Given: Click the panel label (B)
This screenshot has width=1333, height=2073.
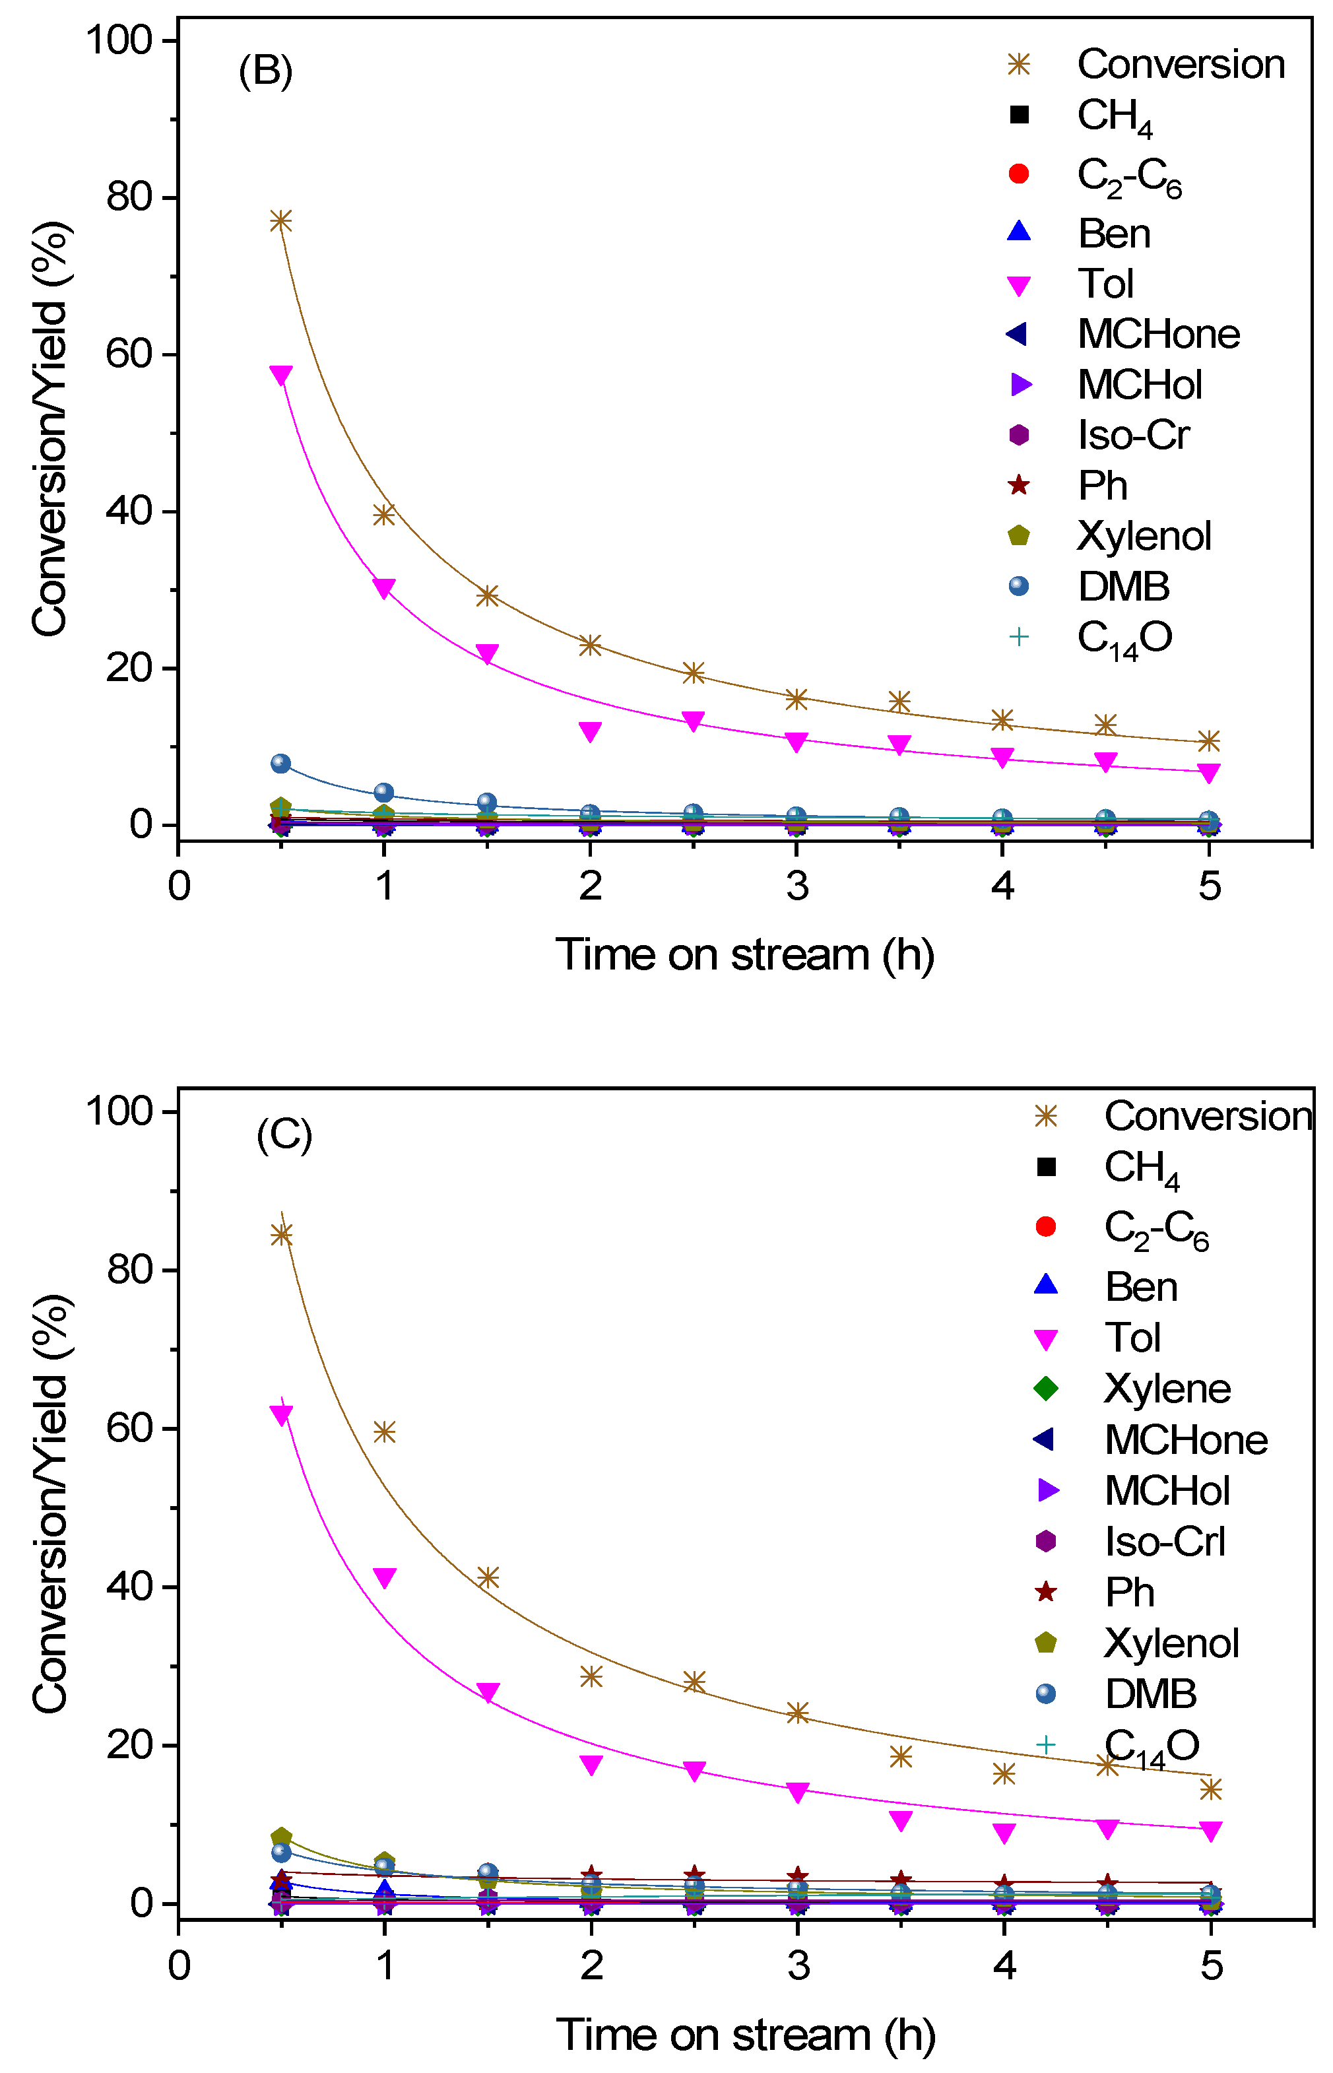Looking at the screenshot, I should [266, 70].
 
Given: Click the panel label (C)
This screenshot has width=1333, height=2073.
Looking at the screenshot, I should [284, 1135].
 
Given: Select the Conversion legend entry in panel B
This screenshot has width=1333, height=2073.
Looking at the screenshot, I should [1180, 64].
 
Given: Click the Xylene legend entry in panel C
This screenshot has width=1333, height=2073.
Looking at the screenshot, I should [1167, 1389].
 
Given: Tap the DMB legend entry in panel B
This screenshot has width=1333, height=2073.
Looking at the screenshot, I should [1122, 587].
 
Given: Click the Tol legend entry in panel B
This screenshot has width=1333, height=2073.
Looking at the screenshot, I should [1105, 284].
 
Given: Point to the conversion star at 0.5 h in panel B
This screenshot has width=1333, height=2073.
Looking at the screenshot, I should [280, 220].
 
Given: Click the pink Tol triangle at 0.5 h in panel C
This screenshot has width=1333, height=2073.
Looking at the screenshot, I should [281, 1414].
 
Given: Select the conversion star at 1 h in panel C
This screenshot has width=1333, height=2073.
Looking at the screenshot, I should [384, 1433].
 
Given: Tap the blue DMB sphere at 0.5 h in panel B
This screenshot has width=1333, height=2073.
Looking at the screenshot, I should [280, 764].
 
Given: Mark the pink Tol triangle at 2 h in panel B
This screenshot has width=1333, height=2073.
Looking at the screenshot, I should [591, 731].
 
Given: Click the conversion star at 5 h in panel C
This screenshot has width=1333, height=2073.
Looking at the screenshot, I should [1211, 1789].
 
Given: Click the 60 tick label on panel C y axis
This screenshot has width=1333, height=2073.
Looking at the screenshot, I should [130, 1428].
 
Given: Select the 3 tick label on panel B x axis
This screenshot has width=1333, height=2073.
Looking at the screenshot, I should [797, 886].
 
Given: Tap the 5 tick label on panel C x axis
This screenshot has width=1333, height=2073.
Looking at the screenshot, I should [1211, 1965].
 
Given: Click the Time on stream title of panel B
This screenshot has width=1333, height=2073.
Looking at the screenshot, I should [744, 955].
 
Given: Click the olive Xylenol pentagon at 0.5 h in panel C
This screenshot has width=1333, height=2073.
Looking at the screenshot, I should [281, 1837].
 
